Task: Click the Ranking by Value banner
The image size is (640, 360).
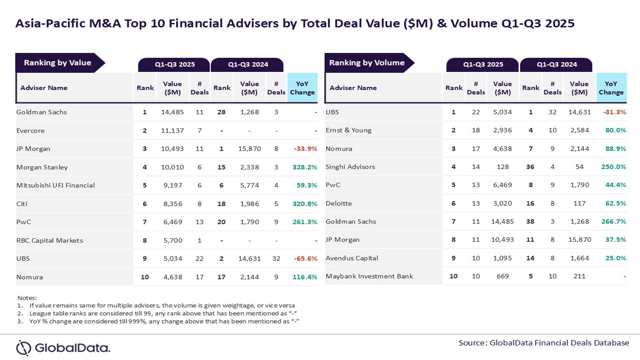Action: [58, 63]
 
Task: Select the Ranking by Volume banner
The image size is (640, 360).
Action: [367, 63]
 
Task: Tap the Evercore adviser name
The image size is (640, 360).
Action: [30, 131]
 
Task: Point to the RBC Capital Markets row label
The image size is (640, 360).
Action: [49, 240]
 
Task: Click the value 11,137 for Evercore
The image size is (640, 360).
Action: [172, 131]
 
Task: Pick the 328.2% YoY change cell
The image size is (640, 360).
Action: [304, 167]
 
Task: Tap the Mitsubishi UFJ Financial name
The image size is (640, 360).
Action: [56, 185]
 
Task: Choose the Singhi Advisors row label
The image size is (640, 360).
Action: [350, 167]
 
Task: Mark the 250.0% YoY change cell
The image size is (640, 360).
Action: [614, 167]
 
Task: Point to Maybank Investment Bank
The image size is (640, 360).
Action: [369, 276]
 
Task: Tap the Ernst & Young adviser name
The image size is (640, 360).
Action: [348, 130]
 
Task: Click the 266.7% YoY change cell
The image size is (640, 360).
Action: [614, 222]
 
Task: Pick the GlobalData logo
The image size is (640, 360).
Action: [63, 348]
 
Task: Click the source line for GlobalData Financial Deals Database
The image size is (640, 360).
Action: [544, 343]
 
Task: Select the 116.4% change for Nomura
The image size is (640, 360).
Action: [304, 277]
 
